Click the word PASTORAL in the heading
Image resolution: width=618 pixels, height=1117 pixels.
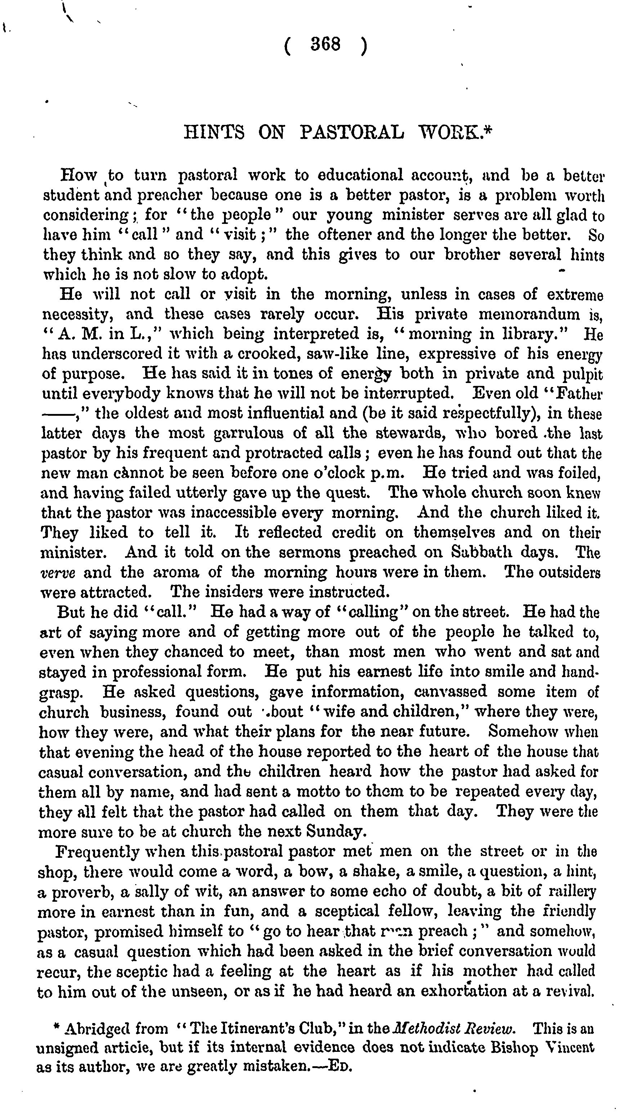[x=351, y=132]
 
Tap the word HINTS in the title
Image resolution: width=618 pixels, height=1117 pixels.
[x=214, y=132]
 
